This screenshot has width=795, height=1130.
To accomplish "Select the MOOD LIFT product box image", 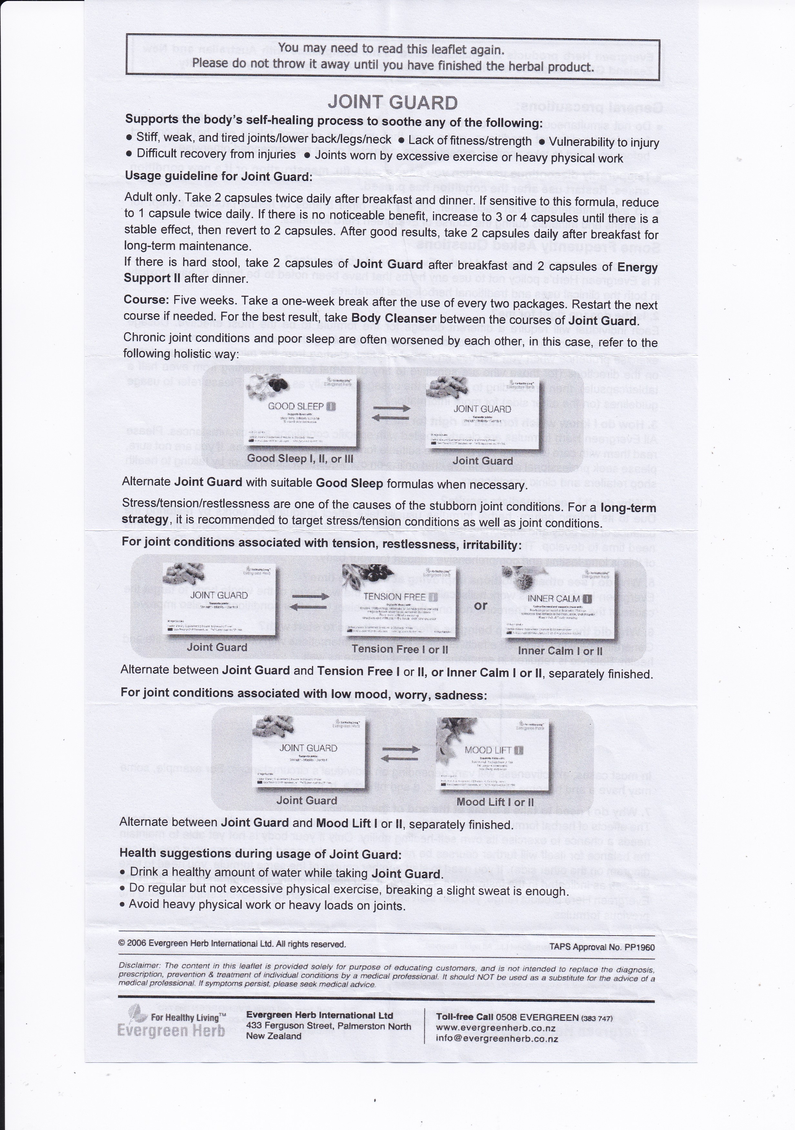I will tap(493, 752).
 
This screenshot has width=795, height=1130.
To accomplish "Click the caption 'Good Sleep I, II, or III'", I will tap(300, 459).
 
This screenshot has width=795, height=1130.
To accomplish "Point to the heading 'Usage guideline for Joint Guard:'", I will tap(218, 176).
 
